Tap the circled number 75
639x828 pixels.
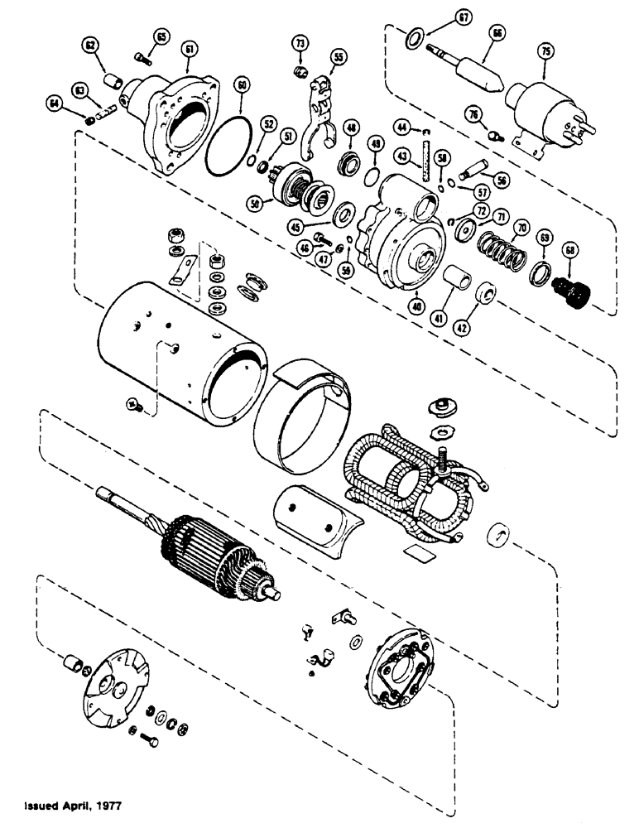545,51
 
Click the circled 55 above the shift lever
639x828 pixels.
338,57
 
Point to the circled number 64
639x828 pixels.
55,102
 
